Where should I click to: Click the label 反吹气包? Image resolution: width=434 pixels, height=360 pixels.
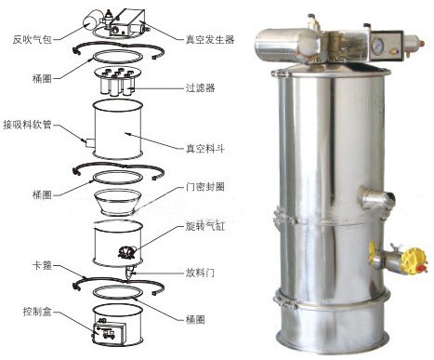33,39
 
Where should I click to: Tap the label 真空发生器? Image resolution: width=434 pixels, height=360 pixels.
210,39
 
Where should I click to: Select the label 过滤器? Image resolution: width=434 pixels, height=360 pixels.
200,87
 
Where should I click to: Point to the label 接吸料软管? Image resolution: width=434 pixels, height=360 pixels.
27,125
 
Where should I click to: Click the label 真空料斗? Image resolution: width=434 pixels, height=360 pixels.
205,149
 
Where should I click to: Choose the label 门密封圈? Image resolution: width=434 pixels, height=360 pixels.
205,187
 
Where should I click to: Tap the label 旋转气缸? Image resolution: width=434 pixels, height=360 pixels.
205,226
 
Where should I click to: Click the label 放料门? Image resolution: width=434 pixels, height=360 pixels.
200,273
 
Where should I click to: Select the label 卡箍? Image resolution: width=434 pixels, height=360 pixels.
42,265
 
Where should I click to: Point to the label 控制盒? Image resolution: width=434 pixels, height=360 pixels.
37,312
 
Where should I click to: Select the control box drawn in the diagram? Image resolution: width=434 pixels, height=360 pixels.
111,331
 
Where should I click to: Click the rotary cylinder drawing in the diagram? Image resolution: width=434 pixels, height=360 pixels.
126,252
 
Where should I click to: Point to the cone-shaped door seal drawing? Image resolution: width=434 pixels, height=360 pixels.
118,202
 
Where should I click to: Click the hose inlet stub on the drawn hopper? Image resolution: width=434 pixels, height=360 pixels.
89,142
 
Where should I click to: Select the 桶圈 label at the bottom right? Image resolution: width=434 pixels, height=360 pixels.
195,319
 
